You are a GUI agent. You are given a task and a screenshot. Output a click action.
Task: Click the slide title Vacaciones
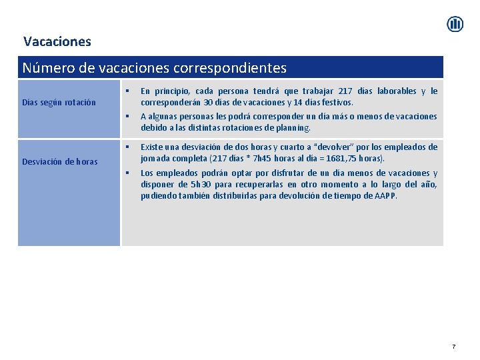click(57, 41)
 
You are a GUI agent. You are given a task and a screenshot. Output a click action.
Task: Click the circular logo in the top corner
click(455, 25)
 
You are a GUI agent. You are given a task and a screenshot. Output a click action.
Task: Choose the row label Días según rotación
click(58, 103)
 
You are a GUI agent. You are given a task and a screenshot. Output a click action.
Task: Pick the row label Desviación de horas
click(59, 161)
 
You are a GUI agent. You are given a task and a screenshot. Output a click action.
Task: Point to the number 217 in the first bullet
click(346, 91)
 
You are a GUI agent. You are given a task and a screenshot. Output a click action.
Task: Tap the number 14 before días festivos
click(297, 103)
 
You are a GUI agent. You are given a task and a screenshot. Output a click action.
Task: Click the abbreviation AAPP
click(384, 196)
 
